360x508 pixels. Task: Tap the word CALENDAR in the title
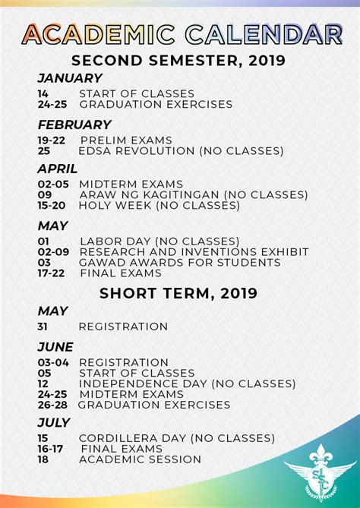(x=263, y=33)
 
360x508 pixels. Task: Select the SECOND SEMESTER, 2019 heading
(x=179, y=60)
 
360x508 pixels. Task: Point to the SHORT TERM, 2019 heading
(x=178, y=292)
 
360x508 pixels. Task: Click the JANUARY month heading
(x=69, y=78)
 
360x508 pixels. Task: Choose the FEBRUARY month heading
(x=74, y=125)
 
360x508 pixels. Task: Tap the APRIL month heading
(x=58, y=169)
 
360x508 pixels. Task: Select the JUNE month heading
(x=55, y=347)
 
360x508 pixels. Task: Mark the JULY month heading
(x=54, y=422)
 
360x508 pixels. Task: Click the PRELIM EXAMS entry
(x=125, y=140)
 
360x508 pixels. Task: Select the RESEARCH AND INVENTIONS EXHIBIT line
(x=194, y=251)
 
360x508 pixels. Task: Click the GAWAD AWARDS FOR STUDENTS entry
(x=180, y=263)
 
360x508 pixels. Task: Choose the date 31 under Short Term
(x=44, y=327)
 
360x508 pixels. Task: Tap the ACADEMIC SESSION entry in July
(x=141, y=459)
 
